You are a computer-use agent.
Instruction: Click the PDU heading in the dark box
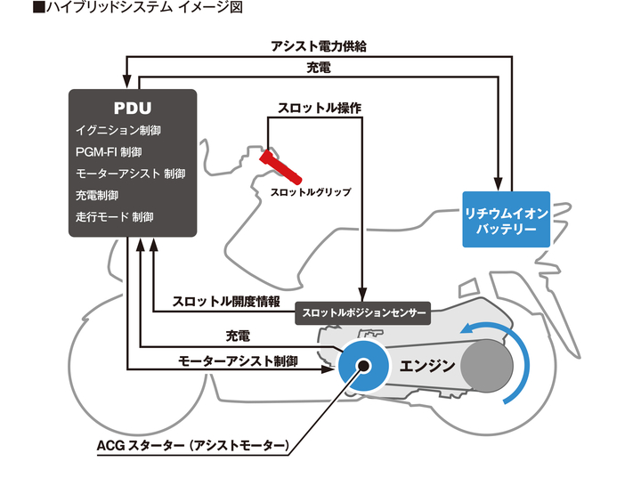click(x=133, y=108)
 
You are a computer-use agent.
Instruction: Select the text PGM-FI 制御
click(x=109, y=152)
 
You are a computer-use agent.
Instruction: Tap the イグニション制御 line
click(x=118, y=131)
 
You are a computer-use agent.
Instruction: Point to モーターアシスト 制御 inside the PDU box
click(x=130, y=174)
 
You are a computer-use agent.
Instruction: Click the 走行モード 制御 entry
click(x=115, y=216)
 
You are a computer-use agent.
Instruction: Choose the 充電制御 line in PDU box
click(x=97, y=196)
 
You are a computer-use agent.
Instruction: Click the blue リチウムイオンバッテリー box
click(x=506, y=220)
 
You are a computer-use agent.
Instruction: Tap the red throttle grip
click(x=280, y=167)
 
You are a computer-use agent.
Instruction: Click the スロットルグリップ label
click(x=311, y=192)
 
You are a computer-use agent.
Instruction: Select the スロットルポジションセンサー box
click(x=362, y=313)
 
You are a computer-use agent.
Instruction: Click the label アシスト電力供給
click(x=319, y=46)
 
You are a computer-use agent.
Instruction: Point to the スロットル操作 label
click(x=320, y=108)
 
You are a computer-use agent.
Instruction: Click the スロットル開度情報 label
click(x=226, y=301)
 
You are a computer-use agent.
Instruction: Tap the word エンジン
click(x=426, y=366)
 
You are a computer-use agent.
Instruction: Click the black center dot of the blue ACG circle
click(x=363, y=366)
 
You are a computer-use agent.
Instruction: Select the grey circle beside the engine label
click(x=487, y=366)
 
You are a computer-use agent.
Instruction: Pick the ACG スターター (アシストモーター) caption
click(x=193, y=445)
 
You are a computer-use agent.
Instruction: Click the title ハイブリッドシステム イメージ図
click(x=138, y=7)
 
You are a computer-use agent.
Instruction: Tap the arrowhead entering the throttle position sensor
click(x=362, y=296)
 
